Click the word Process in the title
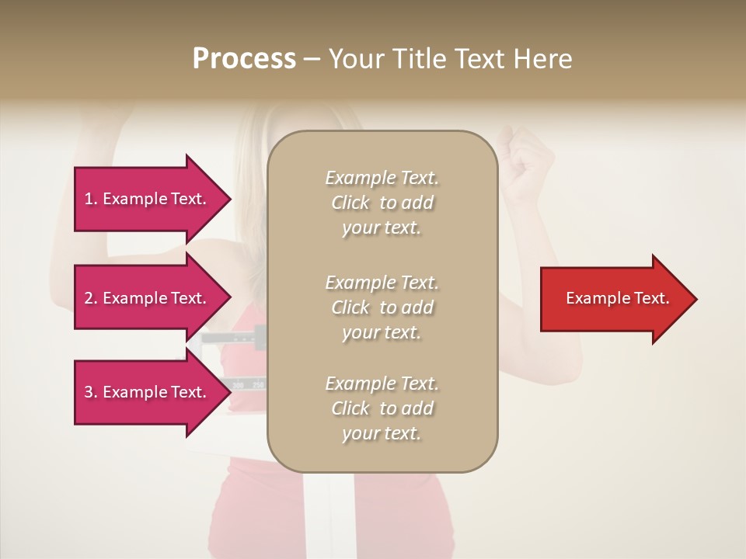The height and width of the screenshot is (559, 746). [x=244, y=59]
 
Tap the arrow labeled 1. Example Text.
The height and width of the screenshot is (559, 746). [x=148, y=199]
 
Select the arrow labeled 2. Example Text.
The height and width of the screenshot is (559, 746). [x=148, y=298]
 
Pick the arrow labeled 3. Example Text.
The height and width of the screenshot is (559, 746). [x=148, y=392]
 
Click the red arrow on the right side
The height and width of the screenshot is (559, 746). [x=614, y=299]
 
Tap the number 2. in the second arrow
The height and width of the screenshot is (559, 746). [x=91, y=298]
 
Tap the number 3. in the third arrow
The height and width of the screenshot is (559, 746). [x=91, y=392]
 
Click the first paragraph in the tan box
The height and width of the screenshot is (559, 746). [x=382, y=203]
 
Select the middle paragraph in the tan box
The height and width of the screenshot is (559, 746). [x=382, y=307]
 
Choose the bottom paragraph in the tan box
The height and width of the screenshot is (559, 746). [x=382, y=408]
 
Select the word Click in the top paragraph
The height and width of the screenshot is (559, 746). [x=350, y=203]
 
